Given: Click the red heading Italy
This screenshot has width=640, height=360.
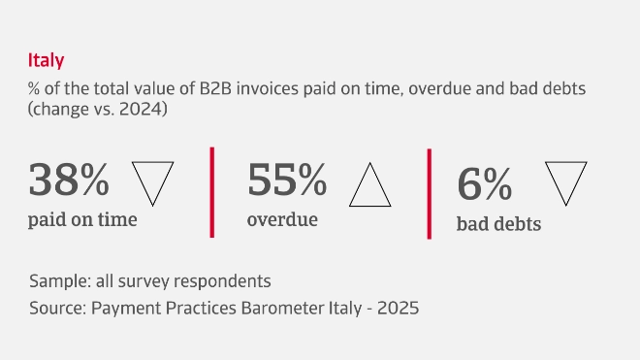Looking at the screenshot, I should [x=47, y=61].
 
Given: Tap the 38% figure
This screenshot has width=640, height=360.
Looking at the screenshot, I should [x=69, y=181].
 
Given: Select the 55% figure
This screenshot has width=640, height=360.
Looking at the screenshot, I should [x=287, y=181].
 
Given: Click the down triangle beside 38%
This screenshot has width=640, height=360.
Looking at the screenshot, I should [x=151, y=180].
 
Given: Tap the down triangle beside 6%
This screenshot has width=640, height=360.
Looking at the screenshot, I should [x=566, y=180].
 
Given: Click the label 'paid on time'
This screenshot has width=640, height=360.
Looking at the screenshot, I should [x=82, y=219].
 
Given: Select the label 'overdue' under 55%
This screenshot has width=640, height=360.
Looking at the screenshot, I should [x=282, y=219].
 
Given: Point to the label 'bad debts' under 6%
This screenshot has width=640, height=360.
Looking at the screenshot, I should [x=498, y=225].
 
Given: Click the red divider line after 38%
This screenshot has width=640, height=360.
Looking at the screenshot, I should [x=211, y=192].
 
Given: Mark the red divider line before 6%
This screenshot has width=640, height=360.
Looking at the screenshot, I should [x=429, y=194].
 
